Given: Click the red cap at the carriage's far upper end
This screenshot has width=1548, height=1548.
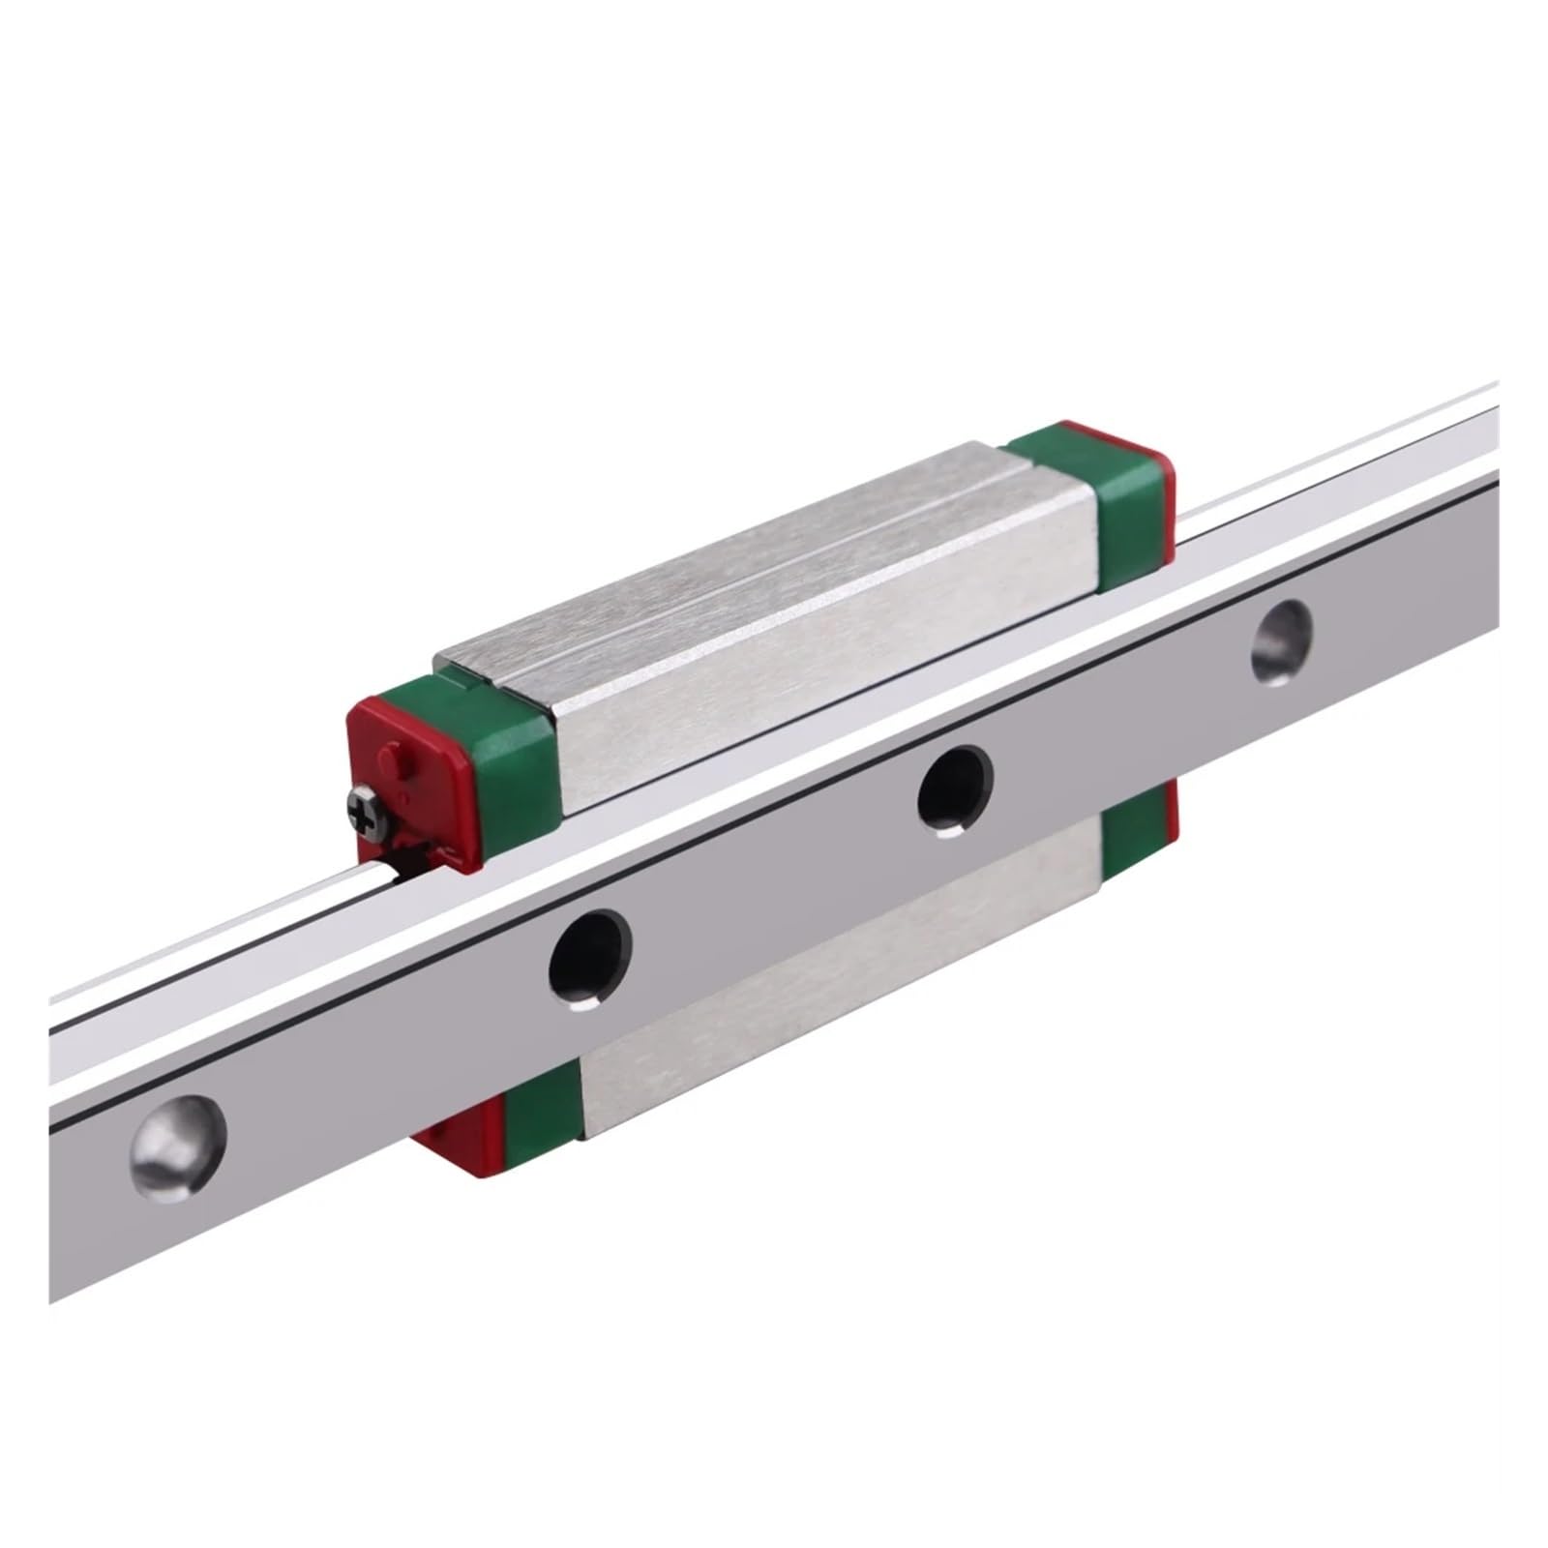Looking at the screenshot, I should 1167,503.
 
